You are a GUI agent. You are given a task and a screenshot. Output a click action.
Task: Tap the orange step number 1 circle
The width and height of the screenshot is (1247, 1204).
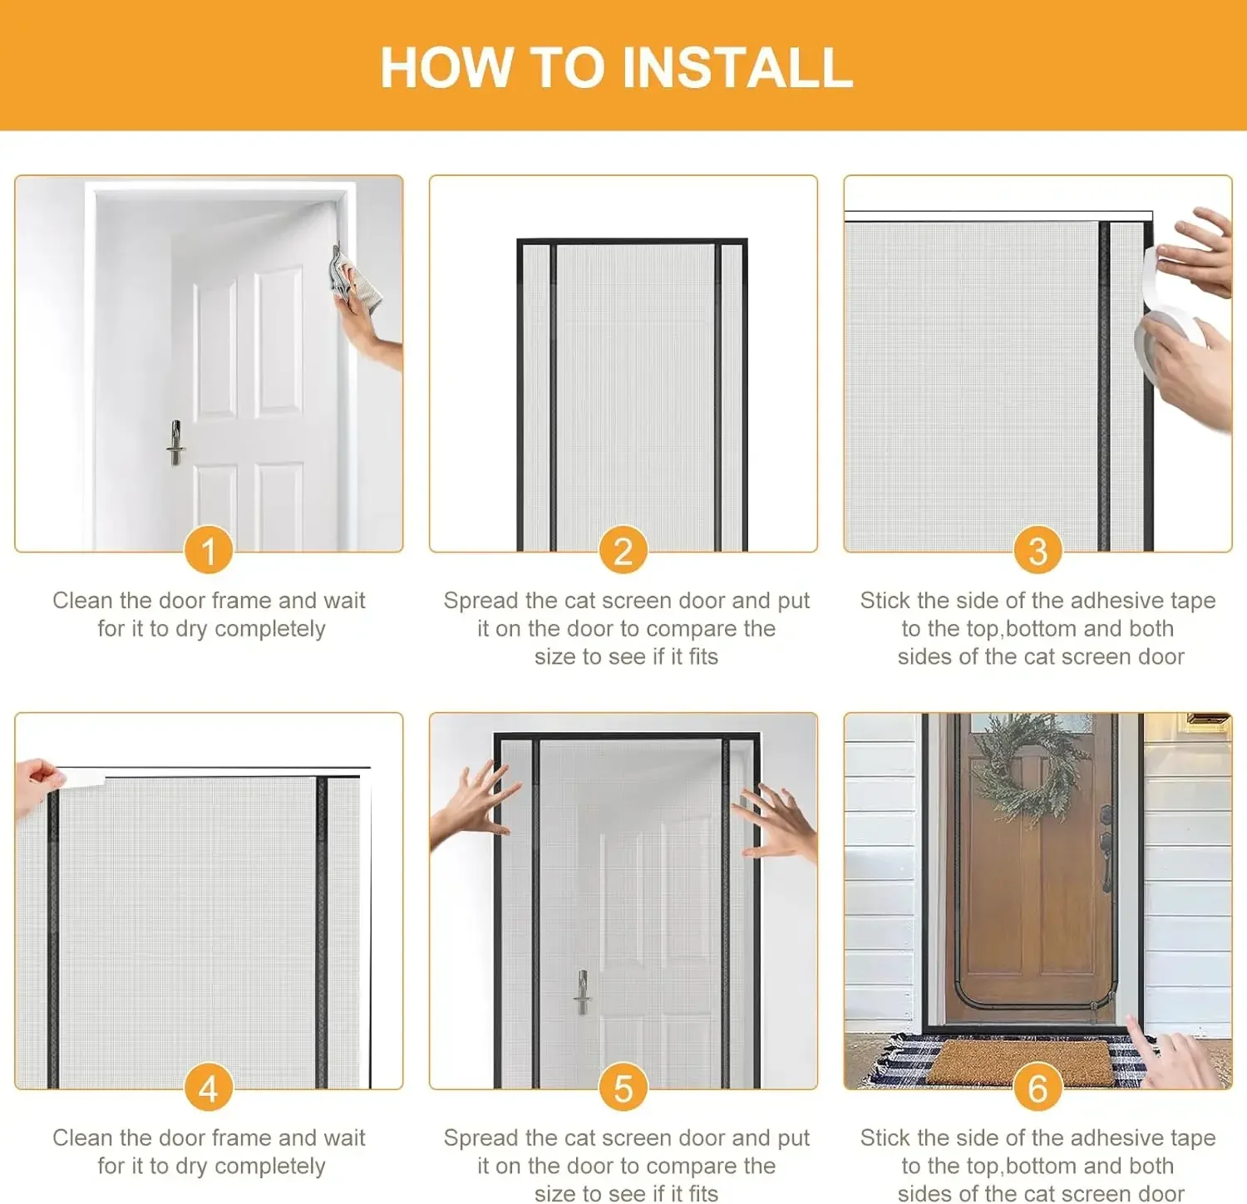209,550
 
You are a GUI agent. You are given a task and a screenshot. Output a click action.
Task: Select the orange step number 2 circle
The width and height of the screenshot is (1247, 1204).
623,550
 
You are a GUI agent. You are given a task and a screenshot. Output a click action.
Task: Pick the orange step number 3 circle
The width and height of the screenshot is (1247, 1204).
1038,550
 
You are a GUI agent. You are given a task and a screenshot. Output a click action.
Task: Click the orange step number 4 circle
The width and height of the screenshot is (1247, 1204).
209,1088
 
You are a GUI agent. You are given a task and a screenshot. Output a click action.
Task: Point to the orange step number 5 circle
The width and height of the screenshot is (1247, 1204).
623,1088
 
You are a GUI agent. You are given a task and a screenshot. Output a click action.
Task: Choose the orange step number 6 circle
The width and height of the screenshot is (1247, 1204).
1038,1088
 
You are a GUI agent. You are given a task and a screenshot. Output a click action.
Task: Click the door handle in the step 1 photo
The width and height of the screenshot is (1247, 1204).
175,442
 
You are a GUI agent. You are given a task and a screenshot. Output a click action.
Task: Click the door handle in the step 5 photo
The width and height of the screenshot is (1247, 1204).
583,991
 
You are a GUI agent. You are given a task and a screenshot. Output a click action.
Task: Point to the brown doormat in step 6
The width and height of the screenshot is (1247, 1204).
1019,1063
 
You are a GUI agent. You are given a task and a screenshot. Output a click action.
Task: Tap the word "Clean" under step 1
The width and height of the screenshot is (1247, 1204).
82,600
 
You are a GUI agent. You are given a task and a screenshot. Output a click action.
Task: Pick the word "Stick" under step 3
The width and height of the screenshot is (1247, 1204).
885,600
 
